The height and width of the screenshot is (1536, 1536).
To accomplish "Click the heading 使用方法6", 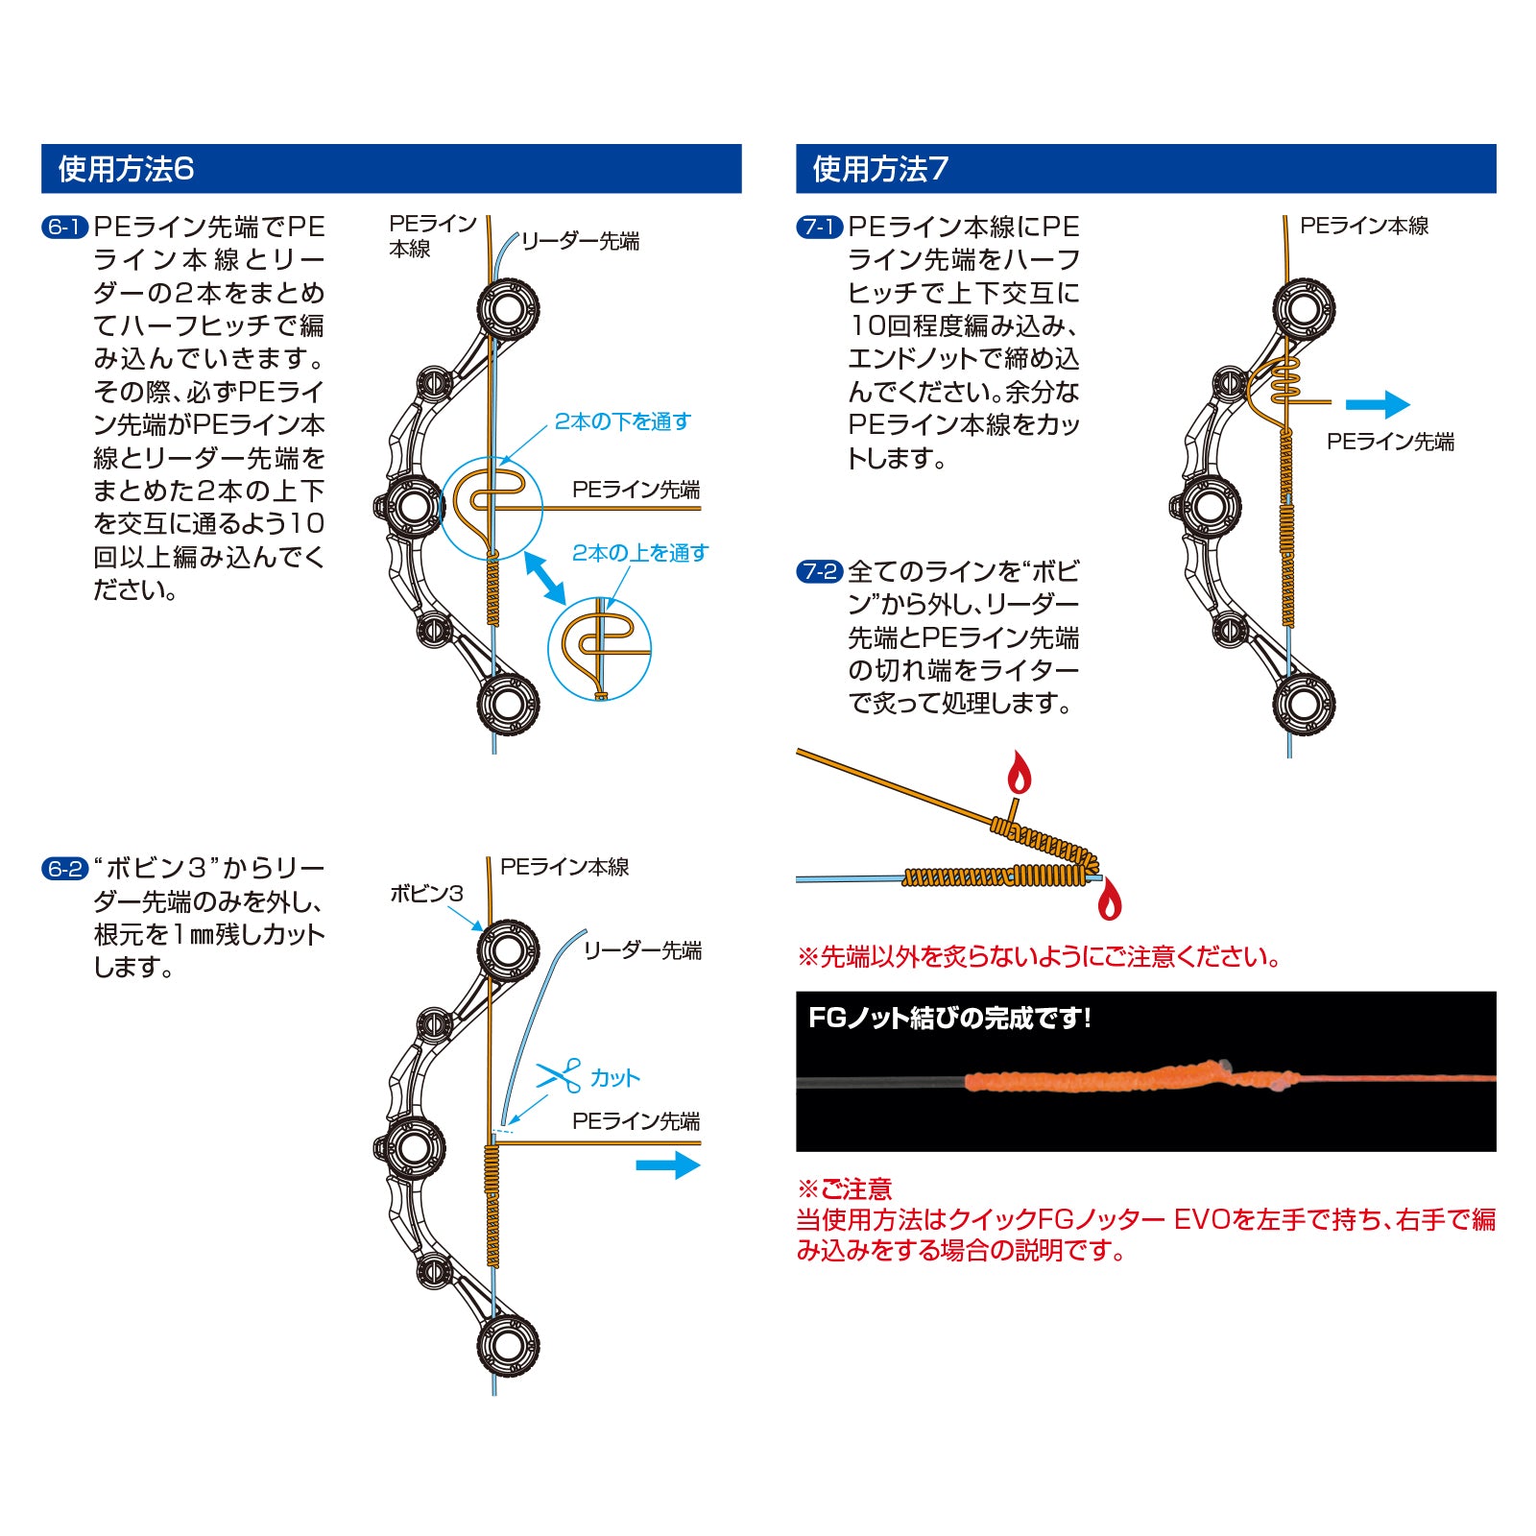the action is pyautogui.click(x=126, y=169).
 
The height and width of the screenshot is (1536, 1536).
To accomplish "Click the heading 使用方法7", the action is pyautogui.click(x=880, y=169).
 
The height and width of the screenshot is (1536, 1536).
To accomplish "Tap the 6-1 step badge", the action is pyautogui.click(x=65, y=228).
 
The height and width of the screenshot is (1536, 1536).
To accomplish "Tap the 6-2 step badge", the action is pyautogui.click(x=65, y=869).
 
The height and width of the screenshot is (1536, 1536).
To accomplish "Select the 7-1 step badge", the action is pyautogui.click(x=820, y=228).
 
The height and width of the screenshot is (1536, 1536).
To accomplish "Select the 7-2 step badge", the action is pyautogui.click(x=820, y=572).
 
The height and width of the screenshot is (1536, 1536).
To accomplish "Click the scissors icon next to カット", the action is pyautogui.click(x=560, y=1075).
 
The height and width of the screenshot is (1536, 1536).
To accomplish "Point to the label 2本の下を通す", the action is pyautogui.click(x=622, y=421).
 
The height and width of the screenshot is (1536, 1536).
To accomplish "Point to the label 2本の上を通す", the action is pyautogui.click(x=640, y=553).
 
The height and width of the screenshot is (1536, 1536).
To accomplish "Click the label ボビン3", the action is pyautogui.click(x=426, y=894).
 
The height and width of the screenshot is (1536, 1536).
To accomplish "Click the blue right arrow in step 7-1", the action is pyautogui.click(x=1378, y=404).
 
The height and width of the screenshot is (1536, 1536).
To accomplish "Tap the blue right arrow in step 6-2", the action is pyautogui.click(x=669, y=1165).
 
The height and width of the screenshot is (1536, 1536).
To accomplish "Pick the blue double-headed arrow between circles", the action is pyautogui.click(x=545, y=579).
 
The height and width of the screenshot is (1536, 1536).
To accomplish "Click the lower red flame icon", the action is pyautogui.click(x=1110, y=899).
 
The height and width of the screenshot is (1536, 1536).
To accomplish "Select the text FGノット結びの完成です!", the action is pyautogui.click(x=949, y=1018).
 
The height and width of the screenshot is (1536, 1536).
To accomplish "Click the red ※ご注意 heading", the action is pyautogui.click(x=845, y=1189).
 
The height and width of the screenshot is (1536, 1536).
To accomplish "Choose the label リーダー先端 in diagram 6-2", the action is pyautogui.click(x=642, y=950).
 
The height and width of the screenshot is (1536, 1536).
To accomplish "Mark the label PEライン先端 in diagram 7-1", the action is pyautogui.click(x=1390, y=442).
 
